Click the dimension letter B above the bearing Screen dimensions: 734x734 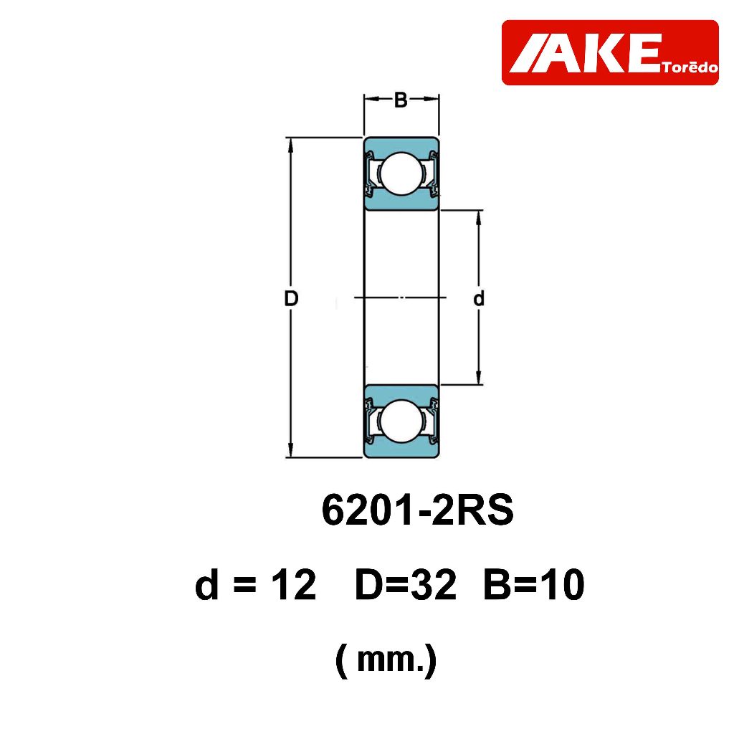(x=401, y=100)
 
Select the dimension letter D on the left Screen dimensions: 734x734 (x=291, y=298)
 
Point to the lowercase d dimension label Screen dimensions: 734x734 (x=478, y=297)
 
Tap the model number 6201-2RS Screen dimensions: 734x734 (x=418, y=510)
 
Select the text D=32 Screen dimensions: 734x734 (x=406, y=585)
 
